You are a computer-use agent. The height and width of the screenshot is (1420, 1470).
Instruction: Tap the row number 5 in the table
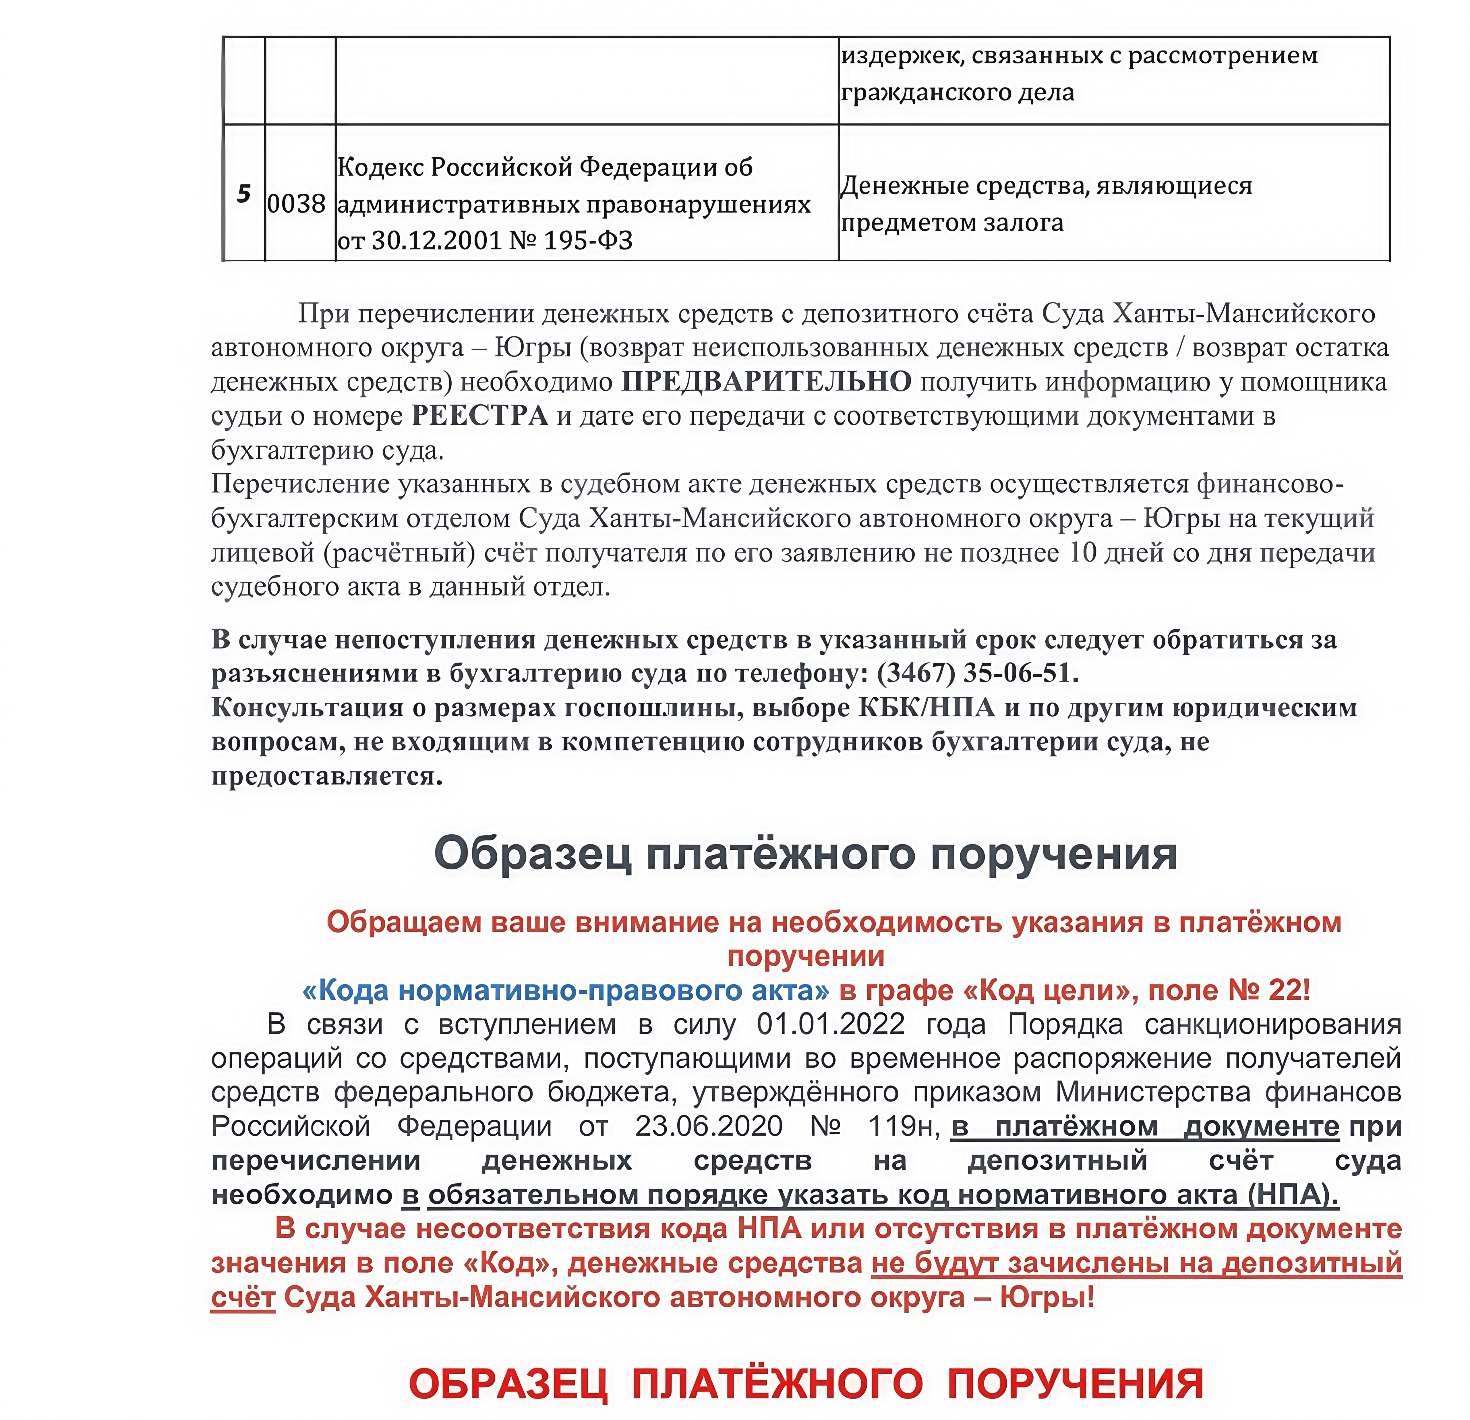click(x=244, y=194)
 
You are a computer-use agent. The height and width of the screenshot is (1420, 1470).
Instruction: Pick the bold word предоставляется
click(x=327, y=776)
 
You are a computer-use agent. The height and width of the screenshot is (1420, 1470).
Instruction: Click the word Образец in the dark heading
click(x=533, y=854)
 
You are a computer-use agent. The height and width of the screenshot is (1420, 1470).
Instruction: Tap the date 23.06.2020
click(x=709, y=1127)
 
